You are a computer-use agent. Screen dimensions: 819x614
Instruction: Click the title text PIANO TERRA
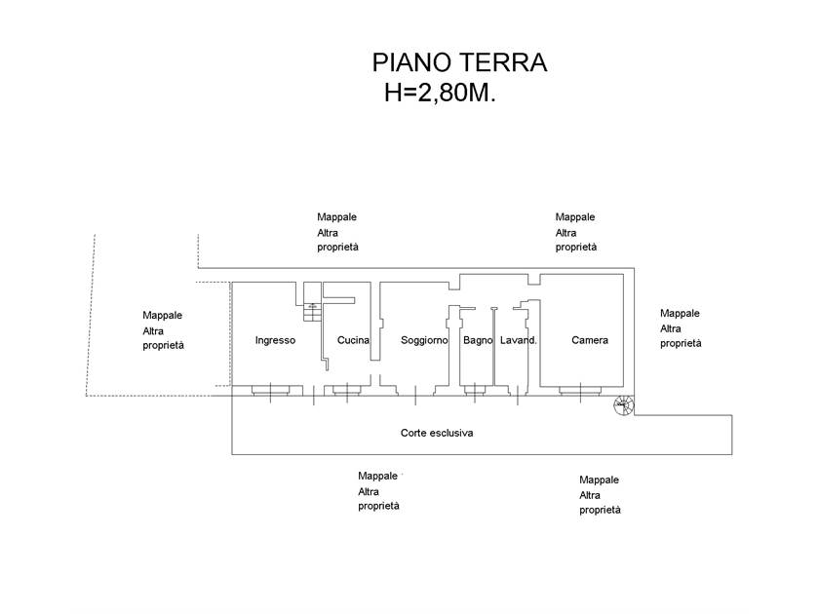coord(459,62)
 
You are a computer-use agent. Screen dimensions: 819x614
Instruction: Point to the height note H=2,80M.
coord(440,93)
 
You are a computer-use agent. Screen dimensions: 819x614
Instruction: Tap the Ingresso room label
coord(275,340)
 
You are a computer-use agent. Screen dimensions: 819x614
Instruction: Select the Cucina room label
coord(353,340)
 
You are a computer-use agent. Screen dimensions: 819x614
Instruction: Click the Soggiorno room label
coord(424,340)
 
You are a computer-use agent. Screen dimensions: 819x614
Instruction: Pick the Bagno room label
coord(478,340)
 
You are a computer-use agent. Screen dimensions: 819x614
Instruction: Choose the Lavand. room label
coord(518,340)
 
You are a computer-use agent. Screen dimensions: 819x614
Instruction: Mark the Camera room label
coord(590,340)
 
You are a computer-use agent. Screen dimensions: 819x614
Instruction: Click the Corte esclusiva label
coord(437,433)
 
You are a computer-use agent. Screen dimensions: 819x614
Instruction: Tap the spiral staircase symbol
coord(624,405)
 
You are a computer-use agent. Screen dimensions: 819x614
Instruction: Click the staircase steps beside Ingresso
coord(312,312)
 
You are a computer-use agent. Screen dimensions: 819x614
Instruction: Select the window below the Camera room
coord(580,391)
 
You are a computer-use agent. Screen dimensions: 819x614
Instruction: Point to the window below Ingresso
coord(271,391)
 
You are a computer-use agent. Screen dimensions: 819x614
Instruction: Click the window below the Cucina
coord(347,391)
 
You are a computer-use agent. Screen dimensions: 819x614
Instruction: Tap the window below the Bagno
coord(474,390)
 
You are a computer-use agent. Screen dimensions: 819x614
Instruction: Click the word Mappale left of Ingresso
coord(163,316)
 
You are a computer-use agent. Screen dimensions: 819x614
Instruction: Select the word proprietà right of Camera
coord(681,343)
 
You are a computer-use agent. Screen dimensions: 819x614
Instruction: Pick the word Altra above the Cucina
coord(328,233)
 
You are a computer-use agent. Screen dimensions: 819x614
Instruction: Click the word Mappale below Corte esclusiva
coord(377,477)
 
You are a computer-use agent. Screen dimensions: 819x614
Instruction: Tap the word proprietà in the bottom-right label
coord(600,510)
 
